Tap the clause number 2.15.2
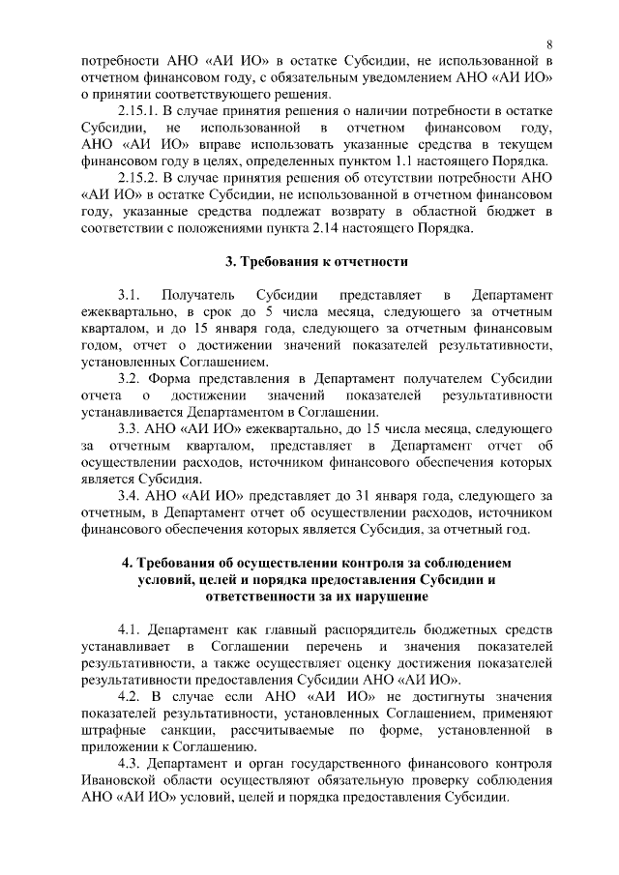tap(141, 178)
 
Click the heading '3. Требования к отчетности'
tap(316, 261)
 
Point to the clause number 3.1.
tap(131, 294)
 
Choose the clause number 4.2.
tap(131, 695)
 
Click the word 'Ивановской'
tap(121, 780)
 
